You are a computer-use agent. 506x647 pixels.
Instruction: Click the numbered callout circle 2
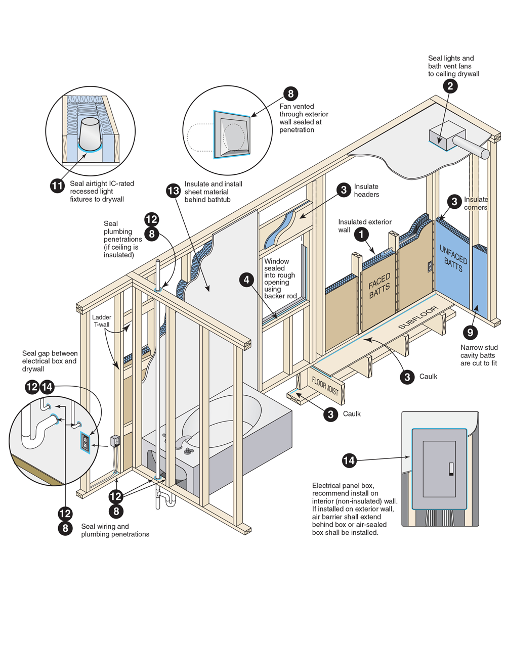450,86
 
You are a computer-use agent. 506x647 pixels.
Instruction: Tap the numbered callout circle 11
58,186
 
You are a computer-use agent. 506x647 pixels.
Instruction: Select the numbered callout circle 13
173,191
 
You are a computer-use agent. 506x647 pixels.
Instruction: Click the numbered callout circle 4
246,280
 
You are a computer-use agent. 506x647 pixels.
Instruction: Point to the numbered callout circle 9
470,332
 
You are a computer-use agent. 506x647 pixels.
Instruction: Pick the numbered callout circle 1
361,234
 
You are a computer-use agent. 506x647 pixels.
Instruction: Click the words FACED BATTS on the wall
379,286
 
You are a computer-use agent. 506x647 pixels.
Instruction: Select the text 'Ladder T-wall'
101,321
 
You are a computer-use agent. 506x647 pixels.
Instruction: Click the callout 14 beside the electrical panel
349,460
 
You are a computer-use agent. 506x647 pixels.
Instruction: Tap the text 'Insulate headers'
366,191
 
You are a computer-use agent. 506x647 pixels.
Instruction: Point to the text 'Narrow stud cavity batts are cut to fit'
479,355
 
